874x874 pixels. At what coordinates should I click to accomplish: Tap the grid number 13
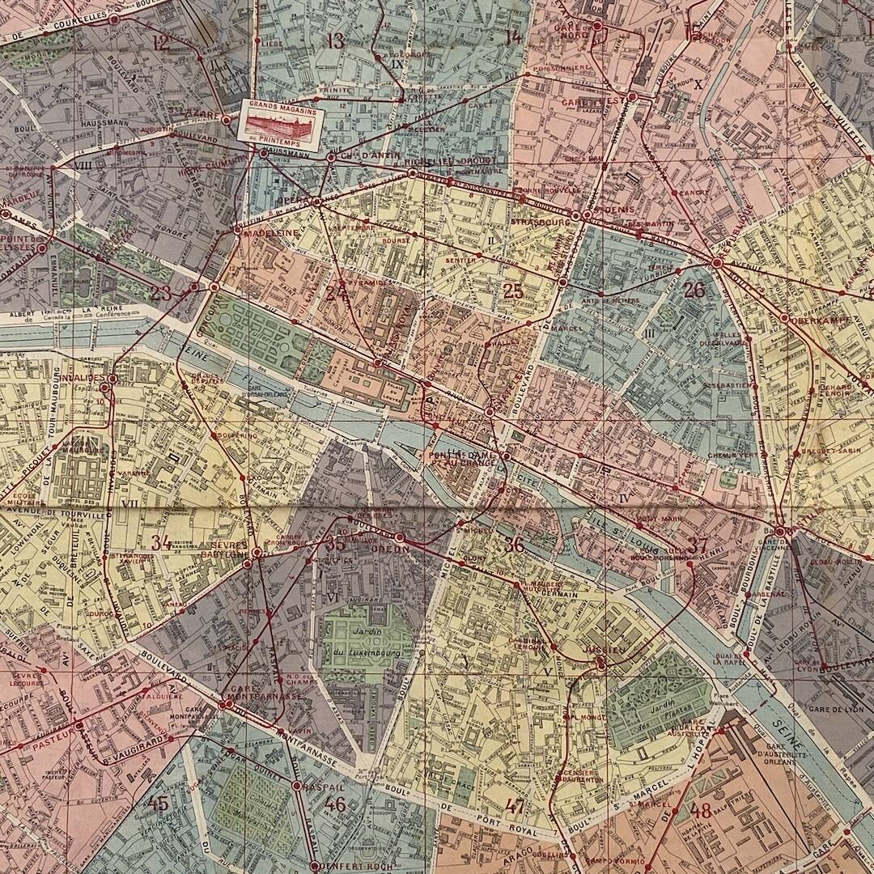tap(334, 41)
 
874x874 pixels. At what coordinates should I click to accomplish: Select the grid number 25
tap(513, 291)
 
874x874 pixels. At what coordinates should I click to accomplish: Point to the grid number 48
tap(701, 810)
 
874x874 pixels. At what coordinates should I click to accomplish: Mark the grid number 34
tap(162, 542)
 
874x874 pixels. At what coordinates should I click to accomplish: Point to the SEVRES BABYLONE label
tap(231, 550)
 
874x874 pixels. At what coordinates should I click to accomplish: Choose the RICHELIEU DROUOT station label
tap(443, 161)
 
